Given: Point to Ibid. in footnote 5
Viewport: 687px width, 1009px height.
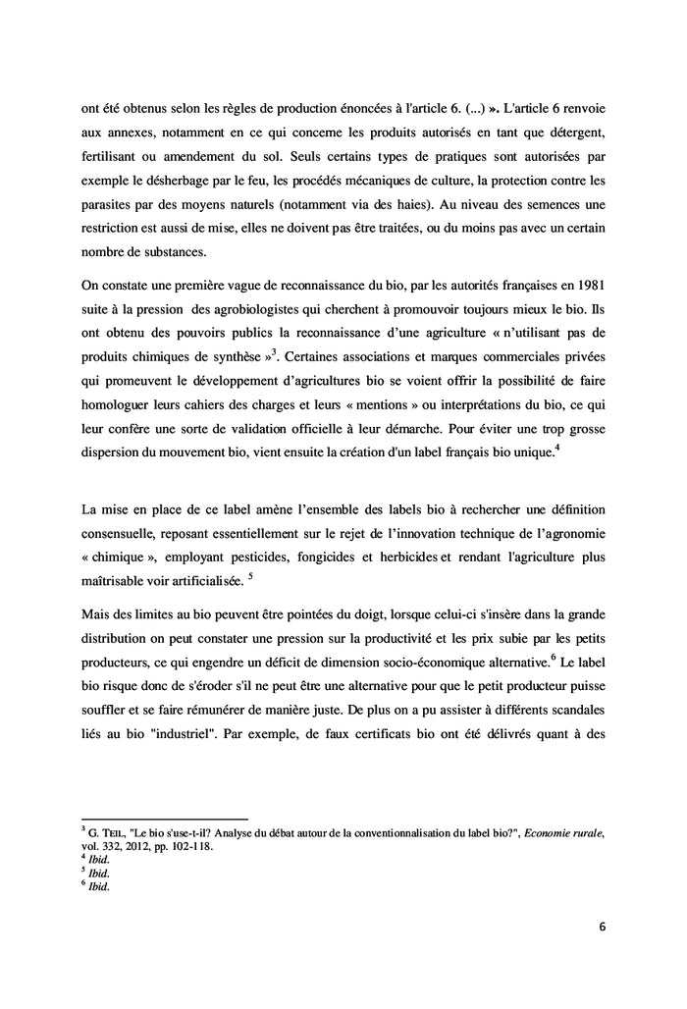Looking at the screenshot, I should pyautogui.click(x=98, y=873).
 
